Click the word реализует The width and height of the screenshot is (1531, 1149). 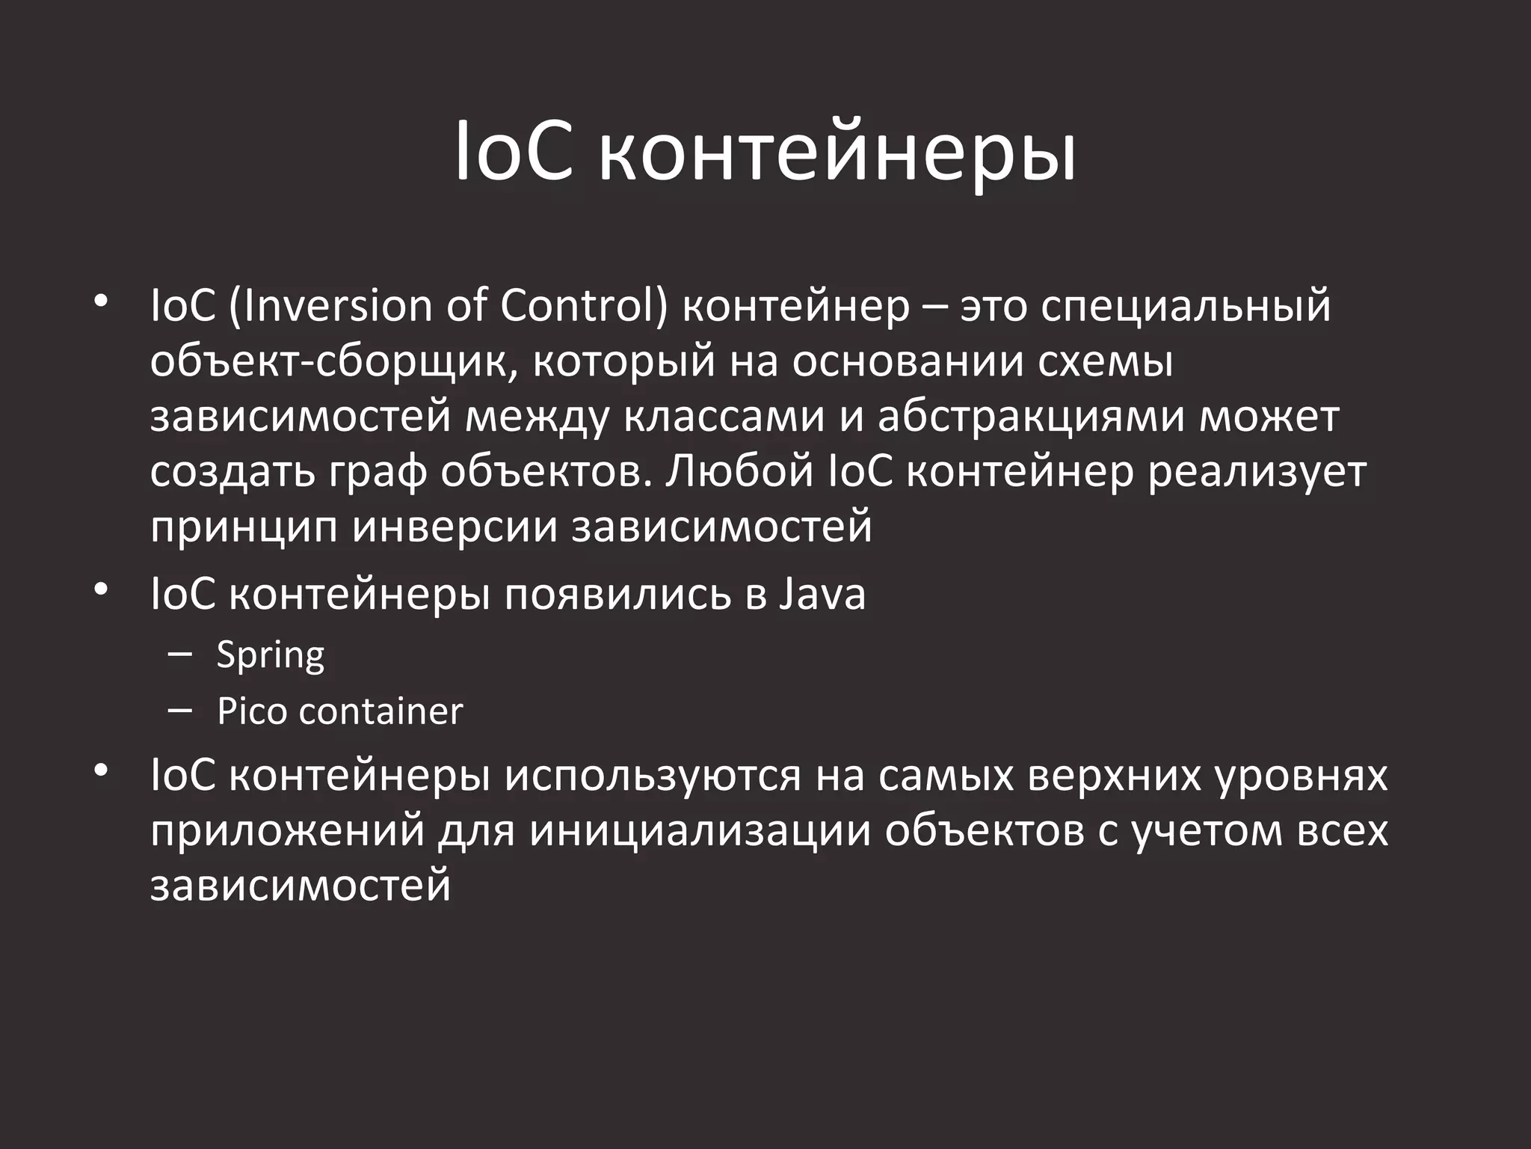[1257, 472]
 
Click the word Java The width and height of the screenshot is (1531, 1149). [822, 595]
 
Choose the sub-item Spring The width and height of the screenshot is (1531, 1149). [271, 655]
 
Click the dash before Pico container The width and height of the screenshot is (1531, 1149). [180, 709]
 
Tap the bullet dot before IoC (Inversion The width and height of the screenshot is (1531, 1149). [102, 302]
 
